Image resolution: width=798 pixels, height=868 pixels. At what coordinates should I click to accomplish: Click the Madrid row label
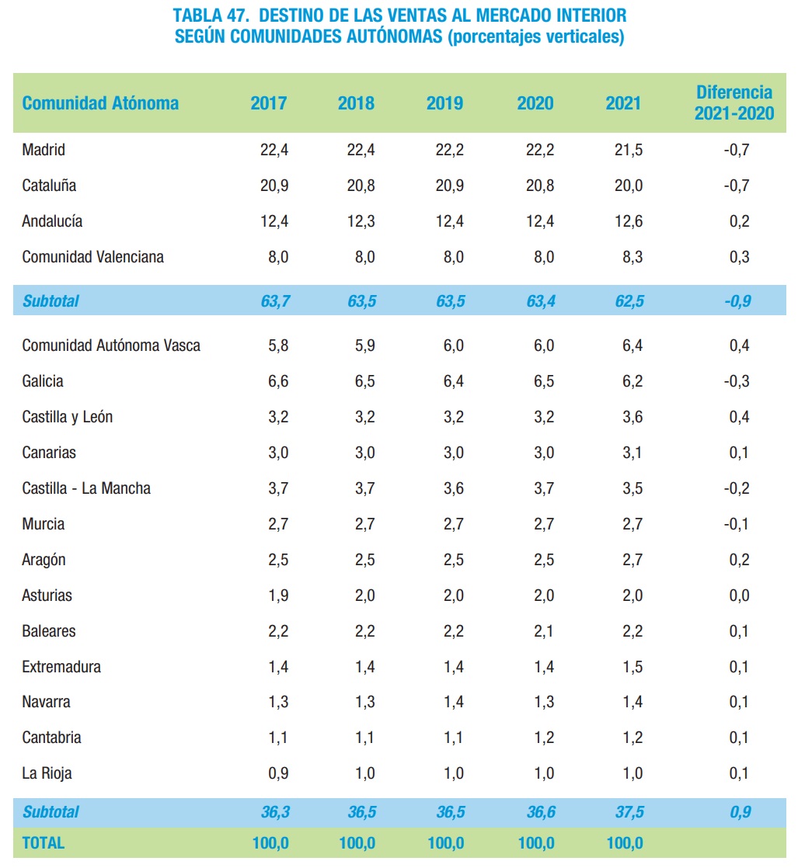point(44,150)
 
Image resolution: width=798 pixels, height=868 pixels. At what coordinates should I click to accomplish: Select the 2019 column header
point(444,103)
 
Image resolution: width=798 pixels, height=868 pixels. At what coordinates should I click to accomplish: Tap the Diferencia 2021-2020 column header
point(734,103)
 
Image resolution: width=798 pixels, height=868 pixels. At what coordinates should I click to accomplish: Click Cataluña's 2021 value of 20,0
point(628,186)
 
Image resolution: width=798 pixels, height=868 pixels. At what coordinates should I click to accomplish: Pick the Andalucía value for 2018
point(361,221)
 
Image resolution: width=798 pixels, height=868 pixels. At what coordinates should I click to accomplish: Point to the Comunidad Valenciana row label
point(92,257)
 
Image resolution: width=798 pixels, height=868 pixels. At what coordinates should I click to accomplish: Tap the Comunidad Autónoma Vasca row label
point(111,345)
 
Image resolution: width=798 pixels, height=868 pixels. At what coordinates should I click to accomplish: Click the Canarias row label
point(49,453)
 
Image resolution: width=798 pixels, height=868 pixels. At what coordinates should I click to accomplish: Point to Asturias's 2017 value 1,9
point(278,595)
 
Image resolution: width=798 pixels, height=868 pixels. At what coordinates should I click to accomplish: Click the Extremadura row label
point(61,667)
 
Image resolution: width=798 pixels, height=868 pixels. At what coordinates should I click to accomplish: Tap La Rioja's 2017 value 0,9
point(278,773)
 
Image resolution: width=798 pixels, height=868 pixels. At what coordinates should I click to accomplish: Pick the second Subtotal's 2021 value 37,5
point(628,812)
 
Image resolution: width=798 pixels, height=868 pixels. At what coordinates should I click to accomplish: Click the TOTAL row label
point(44,842)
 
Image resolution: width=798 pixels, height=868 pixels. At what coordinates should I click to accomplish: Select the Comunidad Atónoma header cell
point(100,103)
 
